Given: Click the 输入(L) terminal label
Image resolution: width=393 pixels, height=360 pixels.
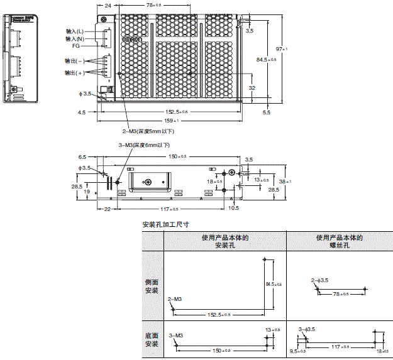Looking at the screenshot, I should point(75,30).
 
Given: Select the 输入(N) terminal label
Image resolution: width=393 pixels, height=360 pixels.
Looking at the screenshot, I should point(75,38).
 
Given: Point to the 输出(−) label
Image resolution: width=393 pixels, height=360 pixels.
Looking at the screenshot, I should point(75,61).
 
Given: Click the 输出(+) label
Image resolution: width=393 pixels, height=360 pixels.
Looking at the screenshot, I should point(75,73).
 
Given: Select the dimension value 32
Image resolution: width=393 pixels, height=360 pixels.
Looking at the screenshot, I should point(252,89).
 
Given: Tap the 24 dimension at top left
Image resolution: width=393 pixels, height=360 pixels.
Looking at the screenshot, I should point(108,5).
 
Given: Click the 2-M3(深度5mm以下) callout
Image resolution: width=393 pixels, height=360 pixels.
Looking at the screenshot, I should point(147,131).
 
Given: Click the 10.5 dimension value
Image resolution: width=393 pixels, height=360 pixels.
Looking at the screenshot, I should point(234,207).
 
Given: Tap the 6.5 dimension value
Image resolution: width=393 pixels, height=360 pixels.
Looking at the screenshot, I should point(82,156).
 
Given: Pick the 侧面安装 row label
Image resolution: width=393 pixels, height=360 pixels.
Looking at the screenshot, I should point(152,286).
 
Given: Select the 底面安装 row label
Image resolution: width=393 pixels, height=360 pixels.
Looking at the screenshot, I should point(152,340).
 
